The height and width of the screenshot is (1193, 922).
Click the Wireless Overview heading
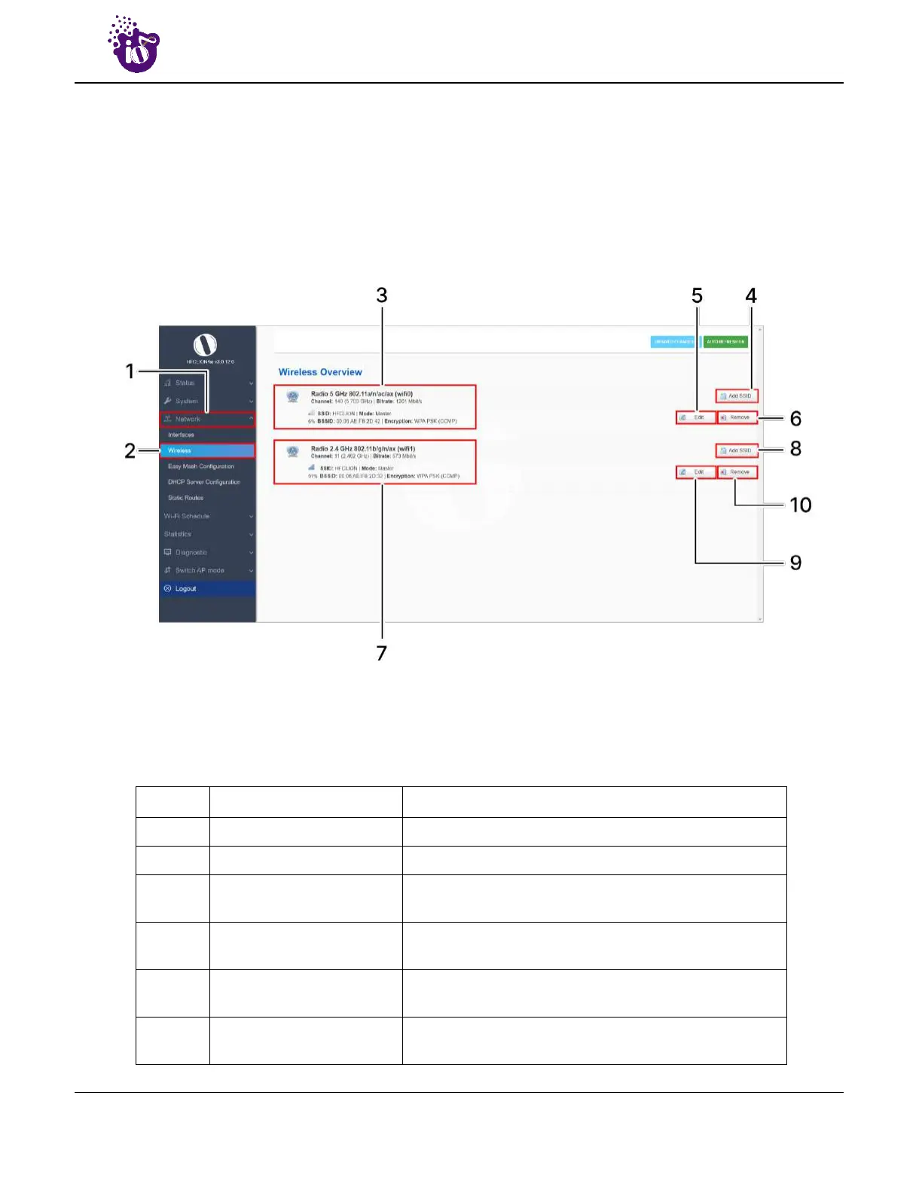pos(320,372)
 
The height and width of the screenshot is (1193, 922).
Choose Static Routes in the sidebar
pos(185,498)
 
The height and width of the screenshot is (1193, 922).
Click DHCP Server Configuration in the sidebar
pos(204,482)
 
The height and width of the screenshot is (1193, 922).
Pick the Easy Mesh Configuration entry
pos(200,466)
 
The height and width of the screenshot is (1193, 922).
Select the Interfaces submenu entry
pos(181,435)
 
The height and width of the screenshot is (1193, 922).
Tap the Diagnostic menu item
pos(191,552)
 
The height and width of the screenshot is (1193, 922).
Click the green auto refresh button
pos(725,342)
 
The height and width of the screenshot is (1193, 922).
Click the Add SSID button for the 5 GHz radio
pos(736,396)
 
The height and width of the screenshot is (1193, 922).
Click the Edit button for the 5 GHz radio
pos(695,417)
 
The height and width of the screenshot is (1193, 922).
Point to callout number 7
pos(382,653)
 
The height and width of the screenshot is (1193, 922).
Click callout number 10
pos(800,505)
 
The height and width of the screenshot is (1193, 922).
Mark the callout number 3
pos(382,296)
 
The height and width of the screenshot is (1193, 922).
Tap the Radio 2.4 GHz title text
pos(363,449)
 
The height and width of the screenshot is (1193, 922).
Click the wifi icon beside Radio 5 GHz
pos(293,396)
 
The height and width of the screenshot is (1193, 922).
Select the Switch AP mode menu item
pos(200,570)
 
